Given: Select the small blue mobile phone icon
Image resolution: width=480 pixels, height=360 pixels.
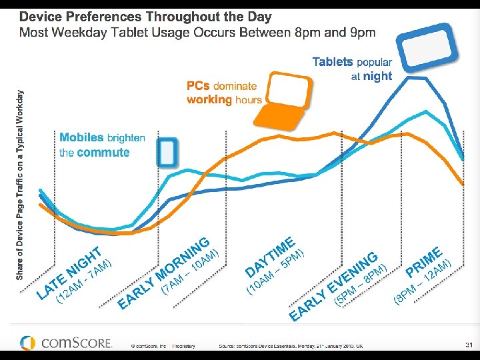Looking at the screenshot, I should tap(167, 153).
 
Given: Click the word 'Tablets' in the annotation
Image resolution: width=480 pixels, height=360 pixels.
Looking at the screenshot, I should tap(333, 62).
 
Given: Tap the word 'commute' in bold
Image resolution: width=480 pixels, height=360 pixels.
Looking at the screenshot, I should tap(103, 153).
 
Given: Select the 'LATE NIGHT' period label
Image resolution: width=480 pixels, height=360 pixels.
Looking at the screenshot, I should tap(69, 273).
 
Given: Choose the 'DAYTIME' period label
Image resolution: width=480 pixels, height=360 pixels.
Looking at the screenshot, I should tap(270, 256).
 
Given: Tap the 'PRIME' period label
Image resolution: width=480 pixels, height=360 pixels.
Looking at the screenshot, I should tap(424, 262).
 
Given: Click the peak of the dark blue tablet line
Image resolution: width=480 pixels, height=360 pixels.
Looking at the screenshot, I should tap(419, 78).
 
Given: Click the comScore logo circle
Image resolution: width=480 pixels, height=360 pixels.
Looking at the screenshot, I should tap(27, 343).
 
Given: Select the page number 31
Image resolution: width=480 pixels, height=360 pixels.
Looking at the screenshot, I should tap(468, 344).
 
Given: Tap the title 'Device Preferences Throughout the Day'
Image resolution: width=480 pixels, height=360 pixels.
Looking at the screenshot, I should tap(145, 17).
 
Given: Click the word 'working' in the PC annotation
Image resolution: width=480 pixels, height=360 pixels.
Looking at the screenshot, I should tap(209, 99).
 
